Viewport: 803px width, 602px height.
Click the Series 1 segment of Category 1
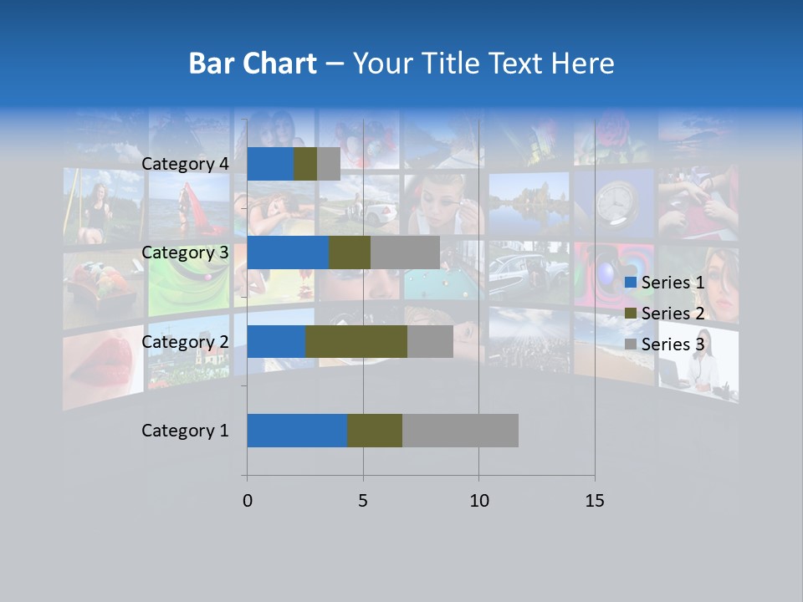(297, 431)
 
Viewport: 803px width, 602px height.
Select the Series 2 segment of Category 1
(375, 431)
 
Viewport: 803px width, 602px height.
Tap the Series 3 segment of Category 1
(460, 431)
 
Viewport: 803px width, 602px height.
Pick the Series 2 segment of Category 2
(356, 341)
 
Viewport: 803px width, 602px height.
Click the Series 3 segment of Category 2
(430, 341)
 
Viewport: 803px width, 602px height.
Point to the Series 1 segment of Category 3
(288, 253)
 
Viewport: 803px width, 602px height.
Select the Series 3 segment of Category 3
(405, 253)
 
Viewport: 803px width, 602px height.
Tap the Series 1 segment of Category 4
(270, 164)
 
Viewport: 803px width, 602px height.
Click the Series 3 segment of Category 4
(329, 164)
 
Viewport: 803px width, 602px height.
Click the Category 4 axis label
(185, 164)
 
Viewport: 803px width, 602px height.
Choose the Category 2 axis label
(185, 341)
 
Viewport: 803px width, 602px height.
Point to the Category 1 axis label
(185, 431)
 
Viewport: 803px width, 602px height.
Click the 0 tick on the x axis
(248, 501)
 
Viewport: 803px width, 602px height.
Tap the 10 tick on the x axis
(478, 501)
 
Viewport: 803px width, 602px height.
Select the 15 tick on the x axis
(595, 501)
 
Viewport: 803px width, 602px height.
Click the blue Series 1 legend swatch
(630, 283)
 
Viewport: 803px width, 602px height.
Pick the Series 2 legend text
(673, 314)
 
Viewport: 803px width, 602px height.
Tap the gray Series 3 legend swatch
(630, 344)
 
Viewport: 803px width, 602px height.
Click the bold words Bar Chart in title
(253, 64)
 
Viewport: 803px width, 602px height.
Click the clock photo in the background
(617, 203)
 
